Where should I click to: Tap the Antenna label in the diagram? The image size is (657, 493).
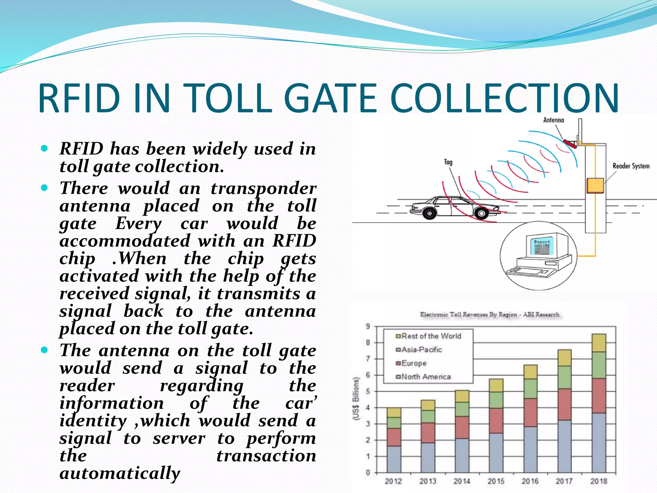click(553, 120)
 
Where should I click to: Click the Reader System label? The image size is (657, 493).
click(631, 166)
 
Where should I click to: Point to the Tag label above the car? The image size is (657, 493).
click(448, 162)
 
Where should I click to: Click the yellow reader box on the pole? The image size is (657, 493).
click(595, 186)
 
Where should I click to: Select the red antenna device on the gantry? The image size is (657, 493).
click(570, 143)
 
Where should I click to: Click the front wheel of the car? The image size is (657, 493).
click(481, 213)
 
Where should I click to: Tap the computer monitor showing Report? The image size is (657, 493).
click(542, 247)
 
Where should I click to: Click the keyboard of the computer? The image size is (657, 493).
click(531, 272)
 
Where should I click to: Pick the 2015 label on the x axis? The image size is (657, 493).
click(496, 481)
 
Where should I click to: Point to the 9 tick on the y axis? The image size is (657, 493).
click(368, 326)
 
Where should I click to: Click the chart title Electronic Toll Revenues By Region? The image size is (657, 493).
click(489, 315)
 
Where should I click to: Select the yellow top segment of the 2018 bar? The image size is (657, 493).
click(599, 343)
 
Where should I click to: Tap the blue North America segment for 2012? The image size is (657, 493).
click(394, 459)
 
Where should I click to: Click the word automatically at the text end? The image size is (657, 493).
click(120, 473)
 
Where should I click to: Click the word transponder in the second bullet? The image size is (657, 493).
click(263, 188)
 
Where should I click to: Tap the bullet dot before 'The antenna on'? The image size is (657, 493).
click(45, 350)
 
